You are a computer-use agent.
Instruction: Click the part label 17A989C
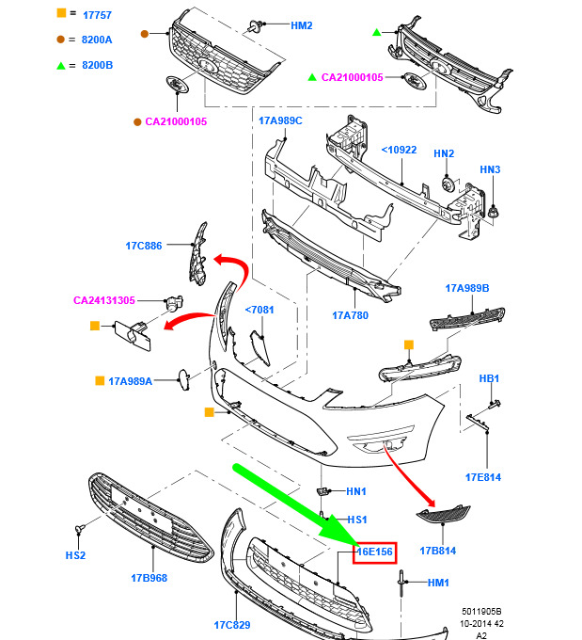click(280, 120)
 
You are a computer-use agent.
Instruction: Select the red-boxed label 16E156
click(375, 552)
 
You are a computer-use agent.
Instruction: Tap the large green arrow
click(291, 504)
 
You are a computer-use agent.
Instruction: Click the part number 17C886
click(144, 246)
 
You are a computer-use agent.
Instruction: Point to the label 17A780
click(350, 315)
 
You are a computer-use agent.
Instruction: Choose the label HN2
click(444, 153)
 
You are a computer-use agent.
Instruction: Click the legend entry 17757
click(97, 16)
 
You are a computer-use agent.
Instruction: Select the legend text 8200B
click(97, 65)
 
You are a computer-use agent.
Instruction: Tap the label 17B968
click(149, 578)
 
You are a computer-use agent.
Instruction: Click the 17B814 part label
click(437, 551)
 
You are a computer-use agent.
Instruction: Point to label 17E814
click(482, 477)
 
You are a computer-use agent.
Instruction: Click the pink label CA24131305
click(104, 301)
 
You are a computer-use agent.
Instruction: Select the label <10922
click(399, 149)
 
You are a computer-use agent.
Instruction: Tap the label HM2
click(302, 25)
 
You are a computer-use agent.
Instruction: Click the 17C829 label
click(231, 625)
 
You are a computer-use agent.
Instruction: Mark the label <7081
click(259, 310)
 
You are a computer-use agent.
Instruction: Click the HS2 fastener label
click(75, 555)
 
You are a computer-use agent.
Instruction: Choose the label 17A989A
click(130, 381)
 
